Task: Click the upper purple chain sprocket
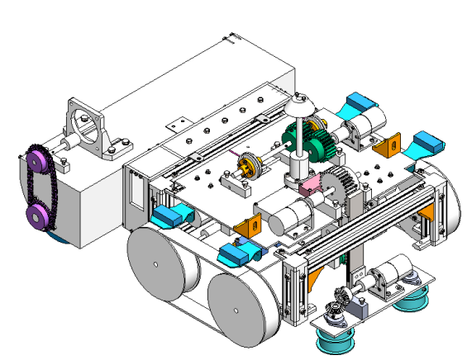36,160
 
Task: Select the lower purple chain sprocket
37,216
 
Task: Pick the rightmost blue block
431,144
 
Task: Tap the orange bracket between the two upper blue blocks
385,147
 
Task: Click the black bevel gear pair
339,306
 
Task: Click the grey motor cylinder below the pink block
289,216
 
